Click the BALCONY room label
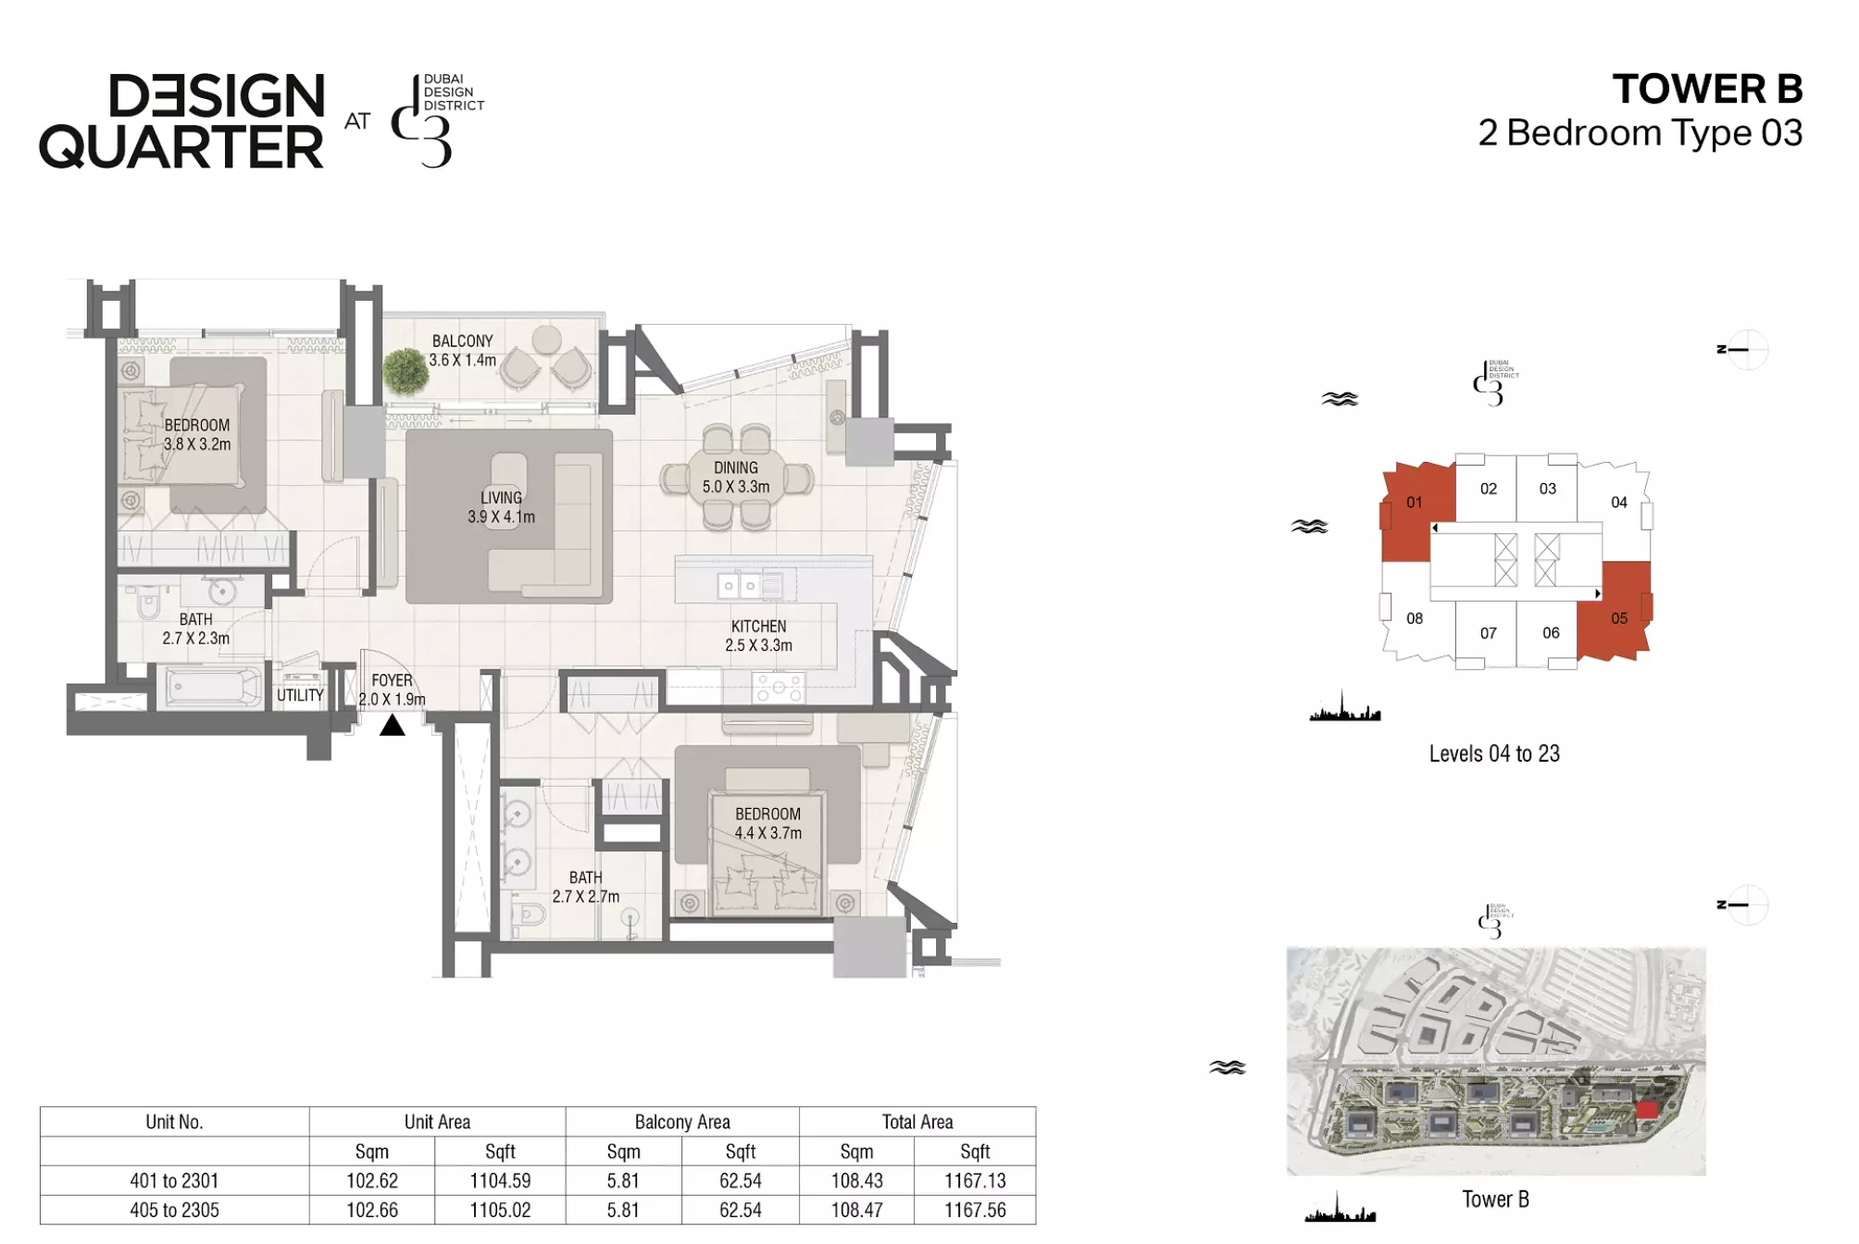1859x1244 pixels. (462, 341)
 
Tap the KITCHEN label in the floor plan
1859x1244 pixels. (758, 627)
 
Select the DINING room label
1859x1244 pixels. (736, 468)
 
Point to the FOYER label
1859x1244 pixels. (392, 680)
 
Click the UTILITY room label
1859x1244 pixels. (300, 695)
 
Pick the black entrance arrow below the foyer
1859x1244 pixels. (393, 725)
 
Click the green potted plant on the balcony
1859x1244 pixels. (405, 370)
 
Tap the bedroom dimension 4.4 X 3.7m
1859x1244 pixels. (768, 833)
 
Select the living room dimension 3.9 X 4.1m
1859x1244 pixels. (501, 517)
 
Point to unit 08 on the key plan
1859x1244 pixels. (1415, 618)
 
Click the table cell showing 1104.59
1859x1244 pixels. (500, 1180)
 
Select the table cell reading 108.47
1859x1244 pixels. (856, 1210)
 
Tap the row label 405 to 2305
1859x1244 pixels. (174, 1210)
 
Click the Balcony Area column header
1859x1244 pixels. (682, 1122)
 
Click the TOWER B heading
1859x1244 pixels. (1707, 89)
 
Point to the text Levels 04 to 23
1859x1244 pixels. (1494, 753)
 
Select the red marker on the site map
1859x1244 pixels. (1646, 1110)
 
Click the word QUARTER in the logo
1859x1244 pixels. (181, 147)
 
